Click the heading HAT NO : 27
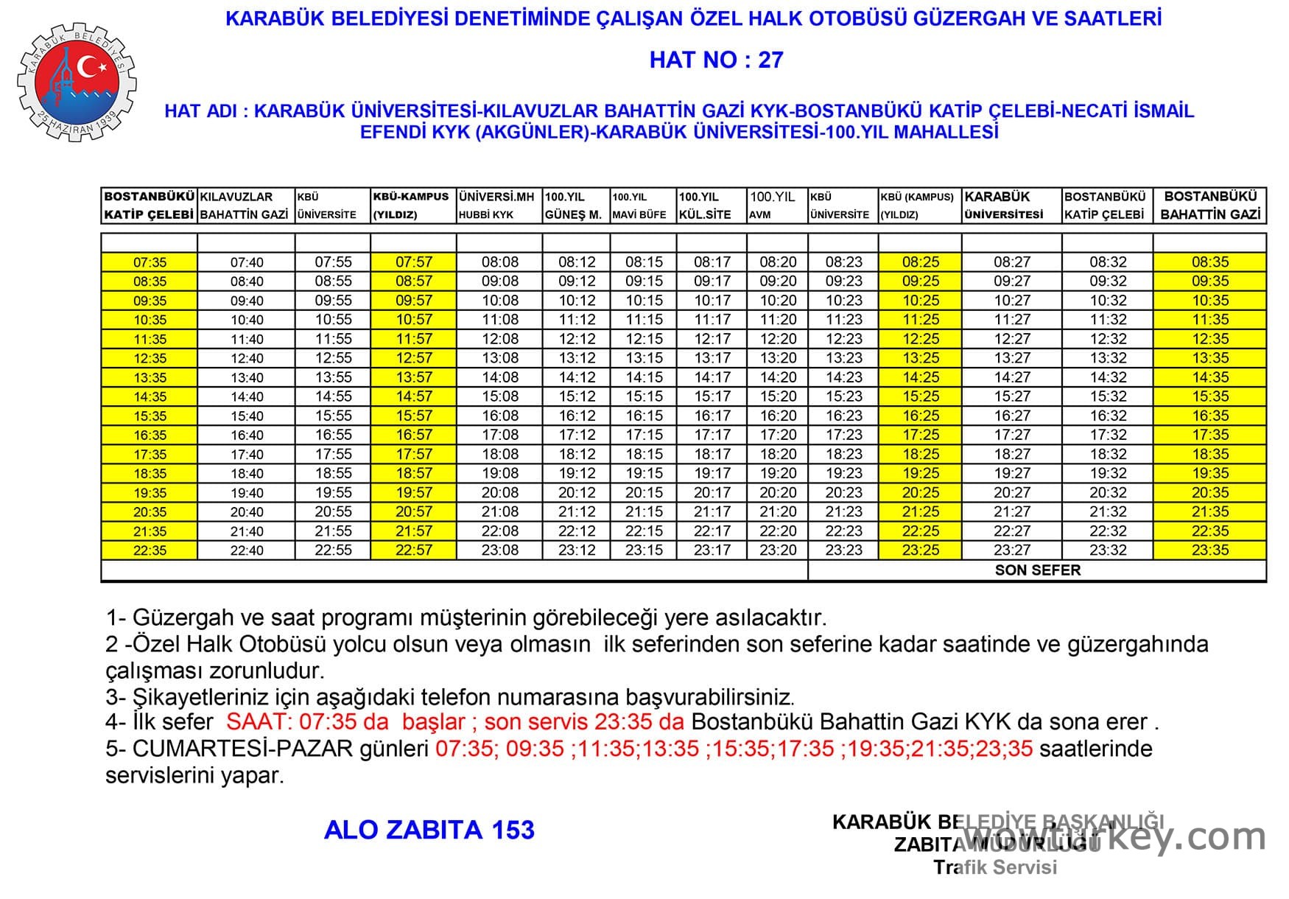tap(716, 60)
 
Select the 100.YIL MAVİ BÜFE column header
tap(639, 206)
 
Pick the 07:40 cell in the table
tap(247, 262)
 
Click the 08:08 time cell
tap(500, 262)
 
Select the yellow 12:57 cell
tap(414, 358)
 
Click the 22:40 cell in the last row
tap(247, 550)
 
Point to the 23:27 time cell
tap(1012, 550)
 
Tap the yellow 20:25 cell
tap(921, 492)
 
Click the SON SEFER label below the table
tap(1037, 570)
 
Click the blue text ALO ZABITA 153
tap(429, 830)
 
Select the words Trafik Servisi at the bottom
tap(995, 867)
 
